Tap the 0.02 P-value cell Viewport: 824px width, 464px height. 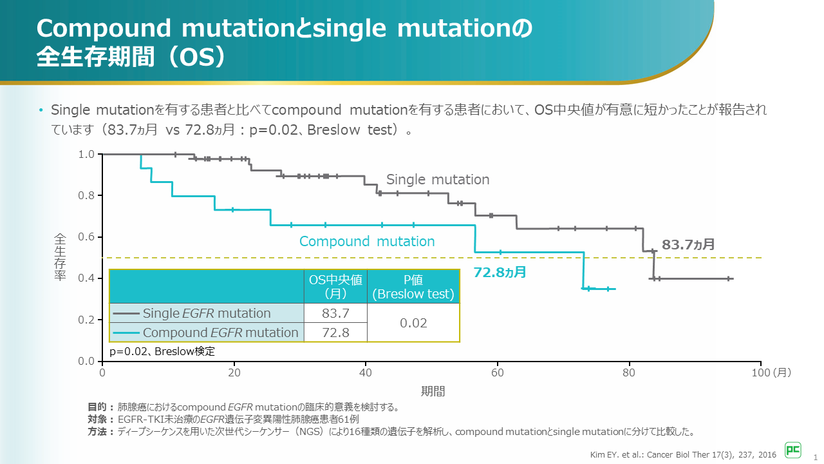click(x=413, y=323)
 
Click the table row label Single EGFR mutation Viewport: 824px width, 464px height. click(x=207, y=313)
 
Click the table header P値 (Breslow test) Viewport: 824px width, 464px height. click(x=413, y=286)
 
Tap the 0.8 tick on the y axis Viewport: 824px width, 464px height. click(x=86, y=195)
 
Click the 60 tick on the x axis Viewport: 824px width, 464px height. click(x=498, y=372)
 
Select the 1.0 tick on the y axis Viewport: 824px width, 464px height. click(x=86, y=154)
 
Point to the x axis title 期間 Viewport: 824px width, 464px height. click(x=433, y=391)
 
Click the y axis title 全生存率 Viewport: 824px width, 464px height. click(x=59, y=257)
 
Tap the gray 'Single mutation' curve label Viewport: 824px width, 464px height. click(x=438, y=180)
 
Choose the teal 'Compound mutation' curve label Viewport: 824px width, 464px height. click(x=367, y=242)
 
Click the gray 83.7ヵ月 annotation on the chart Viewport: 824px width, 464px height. click(x=688, y=245)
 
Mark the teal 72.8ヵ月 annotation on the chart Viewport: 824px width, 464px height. click(x=500, y=272)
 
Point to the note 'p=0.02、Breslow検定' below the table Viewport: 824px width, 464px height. click(x=162, y=351)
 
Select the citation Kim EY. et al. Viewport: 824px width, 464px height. click(x=683, y=454)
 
